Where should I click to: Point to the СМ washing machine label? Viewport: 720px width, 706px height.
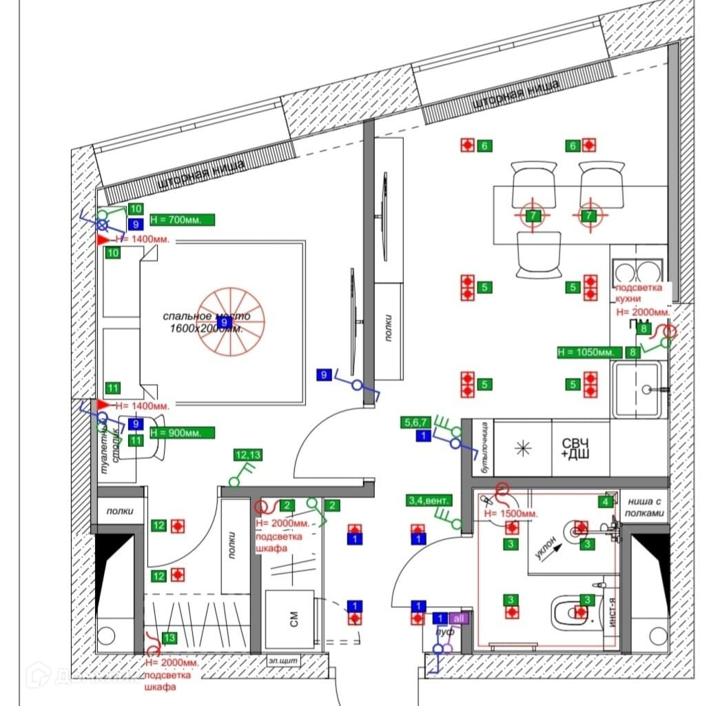pyautogui.click(x=294, y=620)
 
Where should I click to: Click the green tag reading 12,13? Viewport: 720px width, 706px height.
pyautogui.click(x=248, y=455)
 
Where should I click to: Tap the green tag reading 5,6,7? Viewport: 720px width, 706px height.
pyautogui.click(x=418, y=422)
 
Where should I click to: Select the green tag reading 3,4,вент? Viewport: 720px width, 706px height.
pyautogui.click(x=427, y=501)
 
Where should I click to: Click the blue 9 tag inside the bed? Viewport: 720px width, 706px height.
pyautogui.click(x=223, y=322)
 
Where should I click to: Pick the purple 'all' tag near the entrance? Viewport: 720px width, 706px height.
pyautogui.click(x=460, y=618)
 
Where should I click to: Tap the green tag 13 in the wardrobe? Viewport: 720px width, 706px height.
pyautogui.click(x=169, y=638)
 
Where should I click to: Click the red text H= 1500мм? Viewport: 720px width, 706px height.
pyautogui.click(x=511, y=514)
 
